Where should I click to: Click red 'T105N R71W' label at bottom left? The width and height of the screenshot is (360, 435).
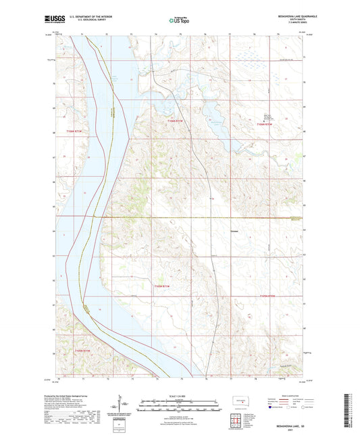click(x=82, y=351)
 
